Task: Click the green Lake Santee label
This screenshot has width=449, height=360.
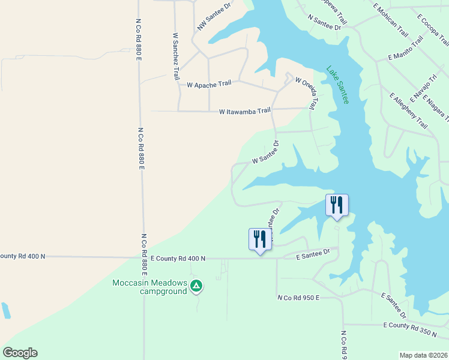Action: [x=337, y=85]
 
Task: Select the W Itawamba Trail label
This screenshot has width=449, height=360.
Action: [x=244, y=111]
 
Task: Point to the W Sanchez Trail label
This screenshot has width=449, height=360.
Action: [x=176, y=56]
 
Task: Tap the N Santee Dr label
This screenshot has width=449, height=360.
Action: [x=324, y=23]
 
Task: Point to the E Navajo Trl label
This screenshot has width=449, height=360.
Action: [x=424, y=88]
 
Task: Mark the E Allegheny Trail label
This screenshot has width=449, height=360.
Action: [x=408, y=111]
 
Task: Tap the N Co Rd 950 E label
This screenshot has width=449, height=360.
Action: [x=298, y=298]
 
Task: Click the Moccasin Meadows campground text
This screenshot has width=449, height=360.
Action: [x=149, y=287]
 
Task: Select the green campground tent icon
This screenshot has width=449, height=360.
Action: [x=196, y=287]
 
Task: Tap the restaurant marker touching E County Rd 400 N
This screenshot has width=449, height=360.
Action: [x=259, y=239]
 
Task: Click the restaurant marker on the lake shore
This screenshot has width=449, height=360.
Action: [x=337, y=205]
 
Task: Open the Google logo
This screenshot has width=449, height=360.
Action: [x=20, y=353]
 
